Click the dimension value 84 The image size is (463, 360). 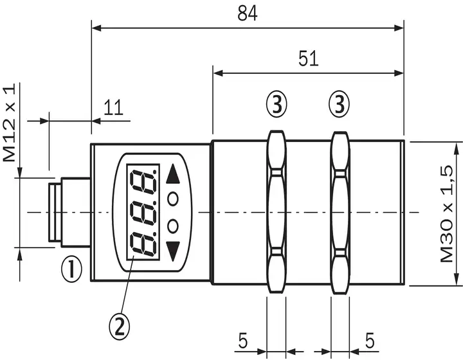[x=248, y=14]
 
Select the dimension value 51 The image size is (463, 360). [x=308, y=59]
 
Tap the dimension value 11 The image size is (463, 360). [x=113, y=107]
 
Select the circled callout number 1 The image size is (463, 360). [x=71, y=269]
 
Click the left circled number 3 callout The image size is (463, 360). [x=277, y=104]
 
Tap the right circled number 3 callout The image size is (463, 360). [x=339, y=104]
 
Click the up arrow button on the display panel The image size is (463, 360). [x=173, y=174]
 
